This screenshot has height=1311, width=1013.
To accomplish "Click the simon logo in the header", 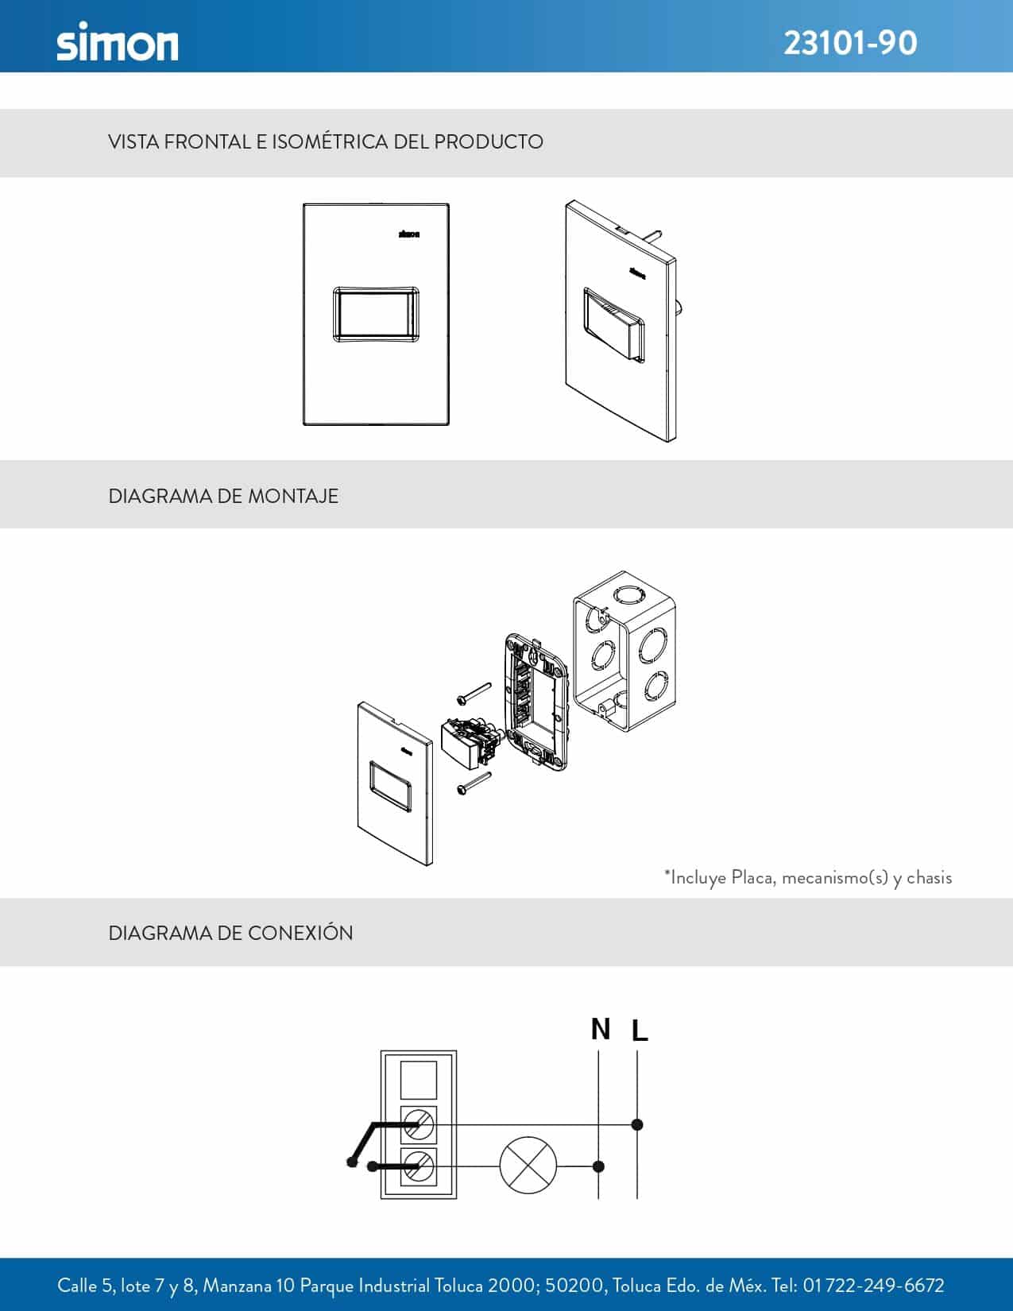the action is (x=118, y=41).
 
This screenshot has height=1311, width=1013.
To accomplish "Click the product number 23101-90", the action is (x=850, y=44).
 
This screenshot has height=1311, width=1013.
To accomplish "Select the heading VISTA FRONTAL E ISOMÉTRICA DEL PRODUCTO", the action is (x=326, y=141).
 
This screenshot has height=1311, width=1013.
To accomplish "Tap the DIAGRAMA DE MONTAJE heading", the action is (x=223, y=496).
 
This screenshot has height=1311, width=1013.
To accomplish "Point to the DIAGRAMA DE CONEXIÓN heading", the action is (x=230, y=933).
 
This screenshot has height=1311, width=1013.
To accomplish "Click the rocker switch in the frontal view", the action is (x=376, y=315).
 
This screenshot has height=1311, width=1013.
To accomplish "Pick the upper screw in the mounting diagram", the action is (x=474, y=693).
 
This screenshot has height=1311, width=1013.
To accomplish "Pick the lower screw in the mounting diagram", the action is (x=474, y=783).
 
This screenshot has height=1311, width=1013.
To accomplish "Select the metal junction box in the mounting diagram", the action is (x=624, y=652).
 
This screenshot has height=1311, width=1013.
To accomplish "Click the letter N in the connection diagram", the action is (x=601, y=1029).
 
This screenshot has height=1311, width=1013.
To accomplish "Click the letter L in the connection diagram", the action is (x=640, y=1030).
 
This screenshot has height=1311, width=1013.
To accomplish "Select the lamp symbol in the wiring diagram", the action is (x=528, y=1165).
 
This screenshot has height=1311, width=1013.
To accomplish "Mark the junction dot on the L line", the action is (x=637, y=1124).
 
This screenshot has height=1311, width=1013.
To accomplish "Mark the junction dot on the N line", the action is (x=598, y=1166).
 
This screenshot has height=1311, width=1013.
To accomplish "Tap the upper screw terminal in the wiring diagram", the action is (x=419, y=1124).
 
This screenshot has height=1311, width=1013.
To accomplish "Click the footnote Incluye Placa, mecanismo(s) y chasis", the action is (x=808, y=877).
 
